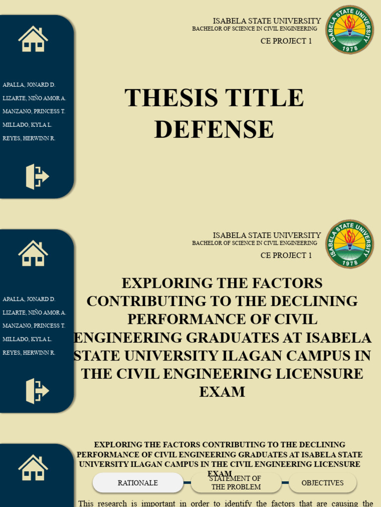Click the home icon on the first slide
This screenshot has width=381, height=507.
(33, 39)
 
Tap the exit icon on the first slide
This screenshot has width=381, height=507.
(37, 177)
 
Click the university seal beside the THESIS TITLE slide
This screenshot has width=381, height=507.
(349, 30)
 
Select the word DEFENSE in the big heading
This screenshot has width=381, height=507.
(214, 130)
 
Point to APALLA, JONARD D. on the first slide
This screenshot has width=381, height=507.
(29, 85)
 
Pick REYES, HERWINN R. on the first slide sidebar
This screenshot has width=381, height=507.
(29, 138)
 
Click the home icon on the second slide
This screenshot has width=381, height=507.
(33, 253)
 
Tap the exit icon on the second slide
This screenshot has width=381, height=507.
(37, 391)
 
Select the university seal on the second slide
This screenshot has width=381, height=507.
(349, 244)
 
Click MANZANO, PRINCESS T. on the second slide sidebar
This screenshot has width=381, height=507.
(34, 326)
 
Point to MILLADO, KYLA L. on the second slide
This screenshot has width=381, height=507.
(27, 339)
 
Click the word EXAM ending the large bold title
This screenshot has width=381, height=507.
(222, 392)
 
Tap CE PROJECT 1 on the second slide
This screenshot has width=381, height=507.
(286, 255)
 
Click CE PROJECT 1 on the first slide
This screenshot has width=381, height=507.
(286, 41)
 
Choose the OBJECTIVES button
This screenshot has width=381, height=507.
(322, 483)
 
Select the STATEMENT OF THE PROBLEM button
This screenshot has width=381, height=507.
(236, 483)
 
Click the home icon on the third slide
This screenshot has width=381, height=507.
(33, 468)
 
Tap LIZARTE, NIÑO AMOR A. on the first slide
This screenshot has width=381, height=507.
(34, 98)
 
